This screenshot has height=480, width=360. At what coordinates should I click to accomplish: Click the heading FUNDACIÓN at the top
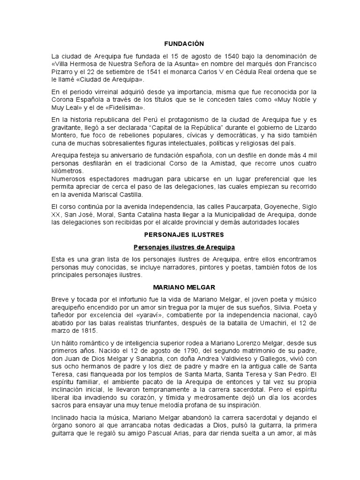pyautogui.click(x=184, y=44)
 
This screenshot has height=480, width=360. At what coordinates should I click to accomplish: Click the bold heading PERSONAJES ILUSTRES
pyautogui.click(x=184, y=234)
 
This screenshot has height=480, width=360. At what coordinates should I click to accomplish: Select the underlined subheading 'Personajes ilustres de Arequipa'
pyautogui.click(x=184, y=247)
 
